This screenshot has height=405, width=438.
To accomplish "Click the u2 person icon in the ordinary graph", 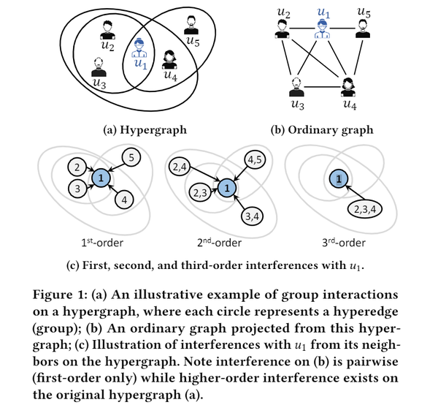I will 281,29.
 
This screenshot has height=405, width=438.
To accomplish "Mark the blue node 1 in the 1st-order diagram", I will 101,178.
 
